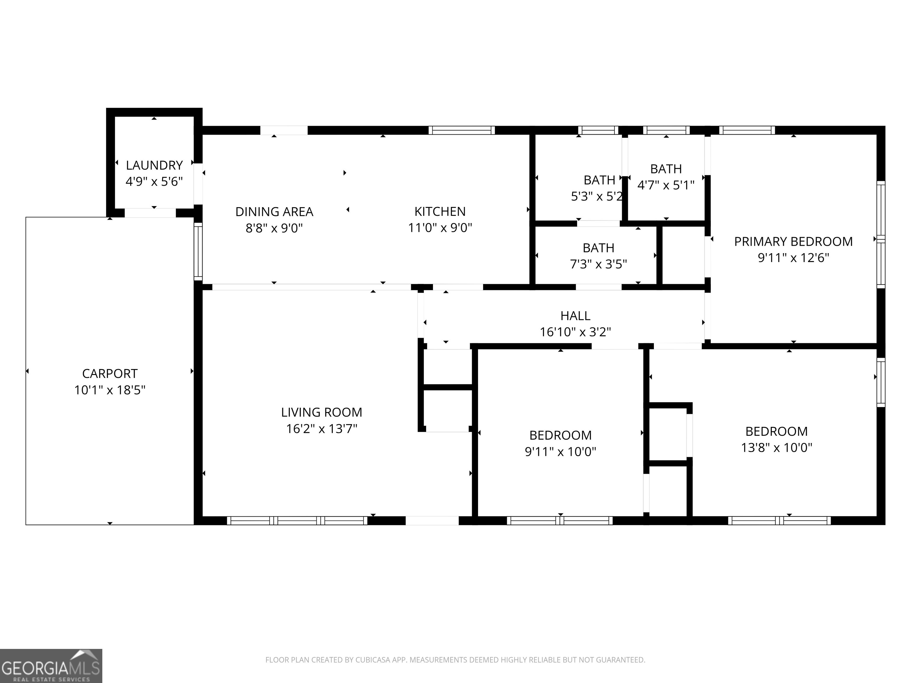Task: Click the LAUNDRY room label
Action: pyautogui.click(x=154, y=165)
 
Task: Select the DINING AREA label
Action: pyautogui.click(x=274, y=212)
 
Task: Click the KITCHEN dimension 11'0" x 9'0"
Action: pyautogui.click(x=440, y=228)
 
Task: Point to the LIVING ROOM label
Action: pyautogui.click(x=322, y=412)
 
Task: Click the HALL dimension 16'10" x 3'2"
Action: pyautogui.click(x=575, y=332)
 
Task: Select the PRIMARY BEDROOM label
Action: pyautogui.click(x=793, y=242)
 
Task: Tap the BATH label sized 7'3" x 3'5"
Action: pyautogui.click(x=598, y=248)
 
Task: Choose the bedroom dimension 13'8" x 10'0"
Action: pyautogui.click(x=776, y=448)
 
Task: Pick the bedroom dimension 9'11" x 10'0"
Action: pyautogui.click(x=560, y=452)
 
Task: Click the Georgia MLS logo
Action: pyautogui.click(x=51, y=666)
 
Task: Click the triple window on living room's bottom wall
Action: pyautogui.click(x=297, y=520)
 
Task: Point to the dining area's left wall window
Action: pyautogui.click(x=198, y=252)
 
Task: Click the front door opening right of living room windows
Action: pyautogui.click(x=432, y=520)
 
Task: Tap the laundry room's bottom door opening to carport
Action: pyautogui.click(x=150, y=213)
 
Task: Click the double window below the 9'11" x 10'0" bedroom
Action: pyautogui.click(x=560, y=520)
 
